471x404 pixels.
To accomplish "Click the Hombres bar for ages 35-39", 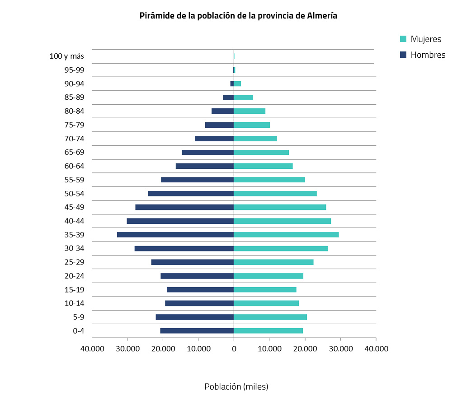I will (175, 235).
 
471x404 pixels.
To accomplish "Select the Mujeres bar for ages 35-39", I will (286, 235).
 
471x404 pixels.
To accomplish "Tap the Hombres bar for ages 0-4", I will (197, 331).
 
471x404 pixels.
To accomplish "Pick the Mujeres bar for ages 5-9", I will (270, 317).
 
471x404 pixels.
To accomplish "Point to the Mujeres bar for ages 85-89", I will (243, 98).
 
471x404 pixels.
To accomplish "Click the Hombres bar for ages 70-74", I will (214, 139).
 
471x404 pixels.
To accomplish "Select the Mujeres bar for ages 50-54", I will (275, 194).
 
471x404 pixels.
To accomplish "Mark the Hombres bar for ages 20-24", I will (197, 276).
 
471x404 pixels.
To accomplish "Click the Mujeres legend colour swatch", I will (403, 39).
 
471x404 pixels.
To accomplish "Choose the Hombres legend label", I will (428, 55).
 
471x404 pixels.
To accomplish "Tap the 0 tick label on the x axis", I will (234, 348).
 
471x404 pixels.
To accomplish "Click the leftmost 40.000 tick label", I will (92, 348).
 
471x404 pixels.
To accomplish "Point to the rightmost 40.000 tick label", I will (376, 348).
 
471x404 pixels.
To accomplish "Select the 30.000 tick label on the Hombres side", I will (127, 348).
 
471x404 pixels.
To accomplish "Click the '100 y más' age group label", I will (66, 56).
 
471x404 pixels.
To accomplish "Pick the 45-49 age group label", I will (74, 207).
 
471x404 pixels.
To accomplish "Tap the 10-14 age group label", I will (74, 303).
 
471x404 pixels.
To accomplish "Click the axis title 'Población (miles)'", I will (236, 387).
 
